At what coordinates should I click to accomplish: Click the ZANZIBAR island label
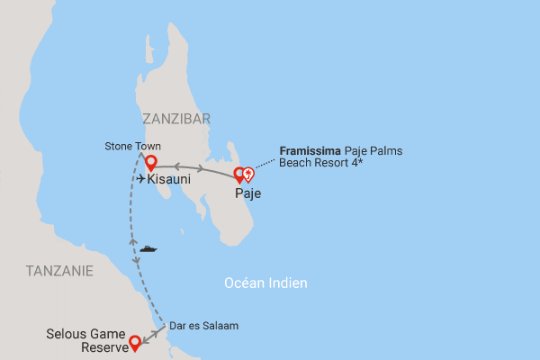point(176,118)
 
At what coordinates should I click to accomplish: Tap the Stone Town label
point(131,146)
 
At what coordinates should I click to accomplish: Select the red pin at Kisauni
point(151,163)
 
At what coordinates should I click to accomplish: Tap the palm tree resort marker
point(248,175)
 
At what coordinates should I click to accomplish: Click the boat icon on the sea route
point(148,247)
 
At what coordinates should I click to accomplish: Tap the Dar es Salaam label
point(207,325)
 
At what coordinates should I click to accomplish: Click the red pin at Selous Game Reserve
point(135,341)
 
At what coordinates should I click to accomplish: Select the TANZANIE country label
point(59,270)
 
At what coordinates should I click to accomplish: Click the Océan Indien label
point(265,283)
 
